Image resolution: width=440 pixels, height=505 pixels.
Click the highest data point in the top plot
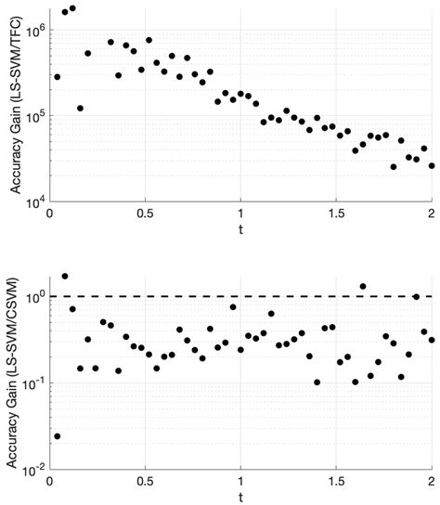72,8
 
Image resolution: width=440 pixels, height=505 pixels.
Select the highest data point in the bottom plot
65,276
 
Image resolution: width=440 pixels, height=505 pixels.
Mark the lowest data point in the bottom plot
58,435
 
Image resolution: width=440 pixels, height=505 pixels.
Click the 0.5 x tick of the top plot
145,214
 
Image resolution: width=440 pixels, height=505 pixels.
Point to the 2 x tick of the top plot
432,214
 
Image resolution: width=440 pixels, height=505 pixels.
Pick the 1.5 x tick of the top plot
336,214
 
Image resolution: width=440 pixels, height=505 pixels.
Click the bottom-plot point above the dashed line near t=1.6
363,287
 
